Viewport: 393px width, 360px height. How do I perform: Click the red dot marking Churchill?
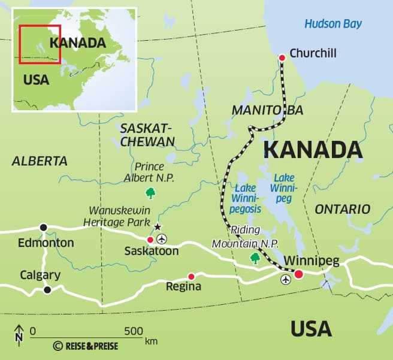pyautogui.click(x=282, y=58)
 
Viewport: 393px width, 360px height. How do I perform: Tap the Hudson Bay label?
pyautogui.click(x=333, y=24)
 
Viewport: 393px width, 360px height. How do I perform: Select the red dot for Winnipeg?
pyautogui.click(x=298, y=274)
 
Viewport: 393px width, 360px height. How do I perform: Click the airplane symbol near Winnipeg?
pyautogui.click(x=285, y=279)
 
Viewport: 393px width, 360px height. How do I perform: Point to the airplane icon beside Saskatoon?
pyautogui.click(x=161, y=239)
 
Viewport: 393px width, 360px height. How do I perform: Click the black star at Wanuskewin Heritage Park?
pyautogui.click(x=158, y=227)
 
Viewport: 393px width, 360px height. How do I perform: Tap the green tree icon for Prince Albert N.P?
pyautogui.click(x=150, y=193)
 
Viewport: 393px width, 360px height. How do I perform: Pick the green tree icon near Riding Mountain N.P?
pyautogui.click(x=255, y=258)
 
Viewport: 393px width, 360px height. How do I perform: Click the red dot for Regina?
pyautogui.click(x=191, y=276)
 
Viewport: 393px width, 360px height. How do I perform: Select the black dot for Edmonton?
pyautogui.click(x=43, y=228)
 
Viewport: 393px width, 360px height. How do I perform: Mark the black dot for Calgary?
pyautogui.click(x=47, y=290)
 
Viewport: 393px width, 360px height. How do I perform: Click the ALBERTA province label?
pyautogui.click(x=40, y=161)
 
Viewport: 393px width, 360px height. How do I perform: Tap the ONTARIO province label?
pyautogui.click(x=342, y=209)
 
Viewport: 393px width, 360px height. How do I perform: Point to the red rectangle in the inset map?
pyautogui.click(x=40, y=44)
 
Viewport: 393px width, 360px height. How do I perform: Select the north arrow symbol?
pyautogui.click(x=19, y=333)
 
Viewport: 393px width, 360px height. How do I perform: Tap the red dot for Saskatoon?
pyautogui.click(x=150, y=240)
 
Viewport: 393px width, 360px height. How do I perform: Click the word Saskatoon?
pyautogui.click(x=152, y=251)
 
